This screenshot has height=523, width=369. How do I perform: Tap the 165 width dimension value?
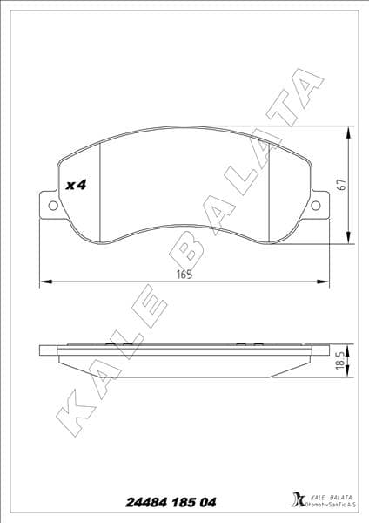pos(184,273)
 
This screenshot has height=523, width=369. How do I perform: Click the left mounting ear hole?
pos(52,207)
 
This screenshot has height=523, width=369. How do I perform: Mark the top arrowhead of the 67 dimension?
pos(350,131)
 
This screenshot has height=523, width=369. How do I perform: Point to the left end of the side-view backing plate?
pos(44,350)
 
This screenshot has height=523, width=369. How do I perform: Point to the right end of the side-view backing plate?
pos(327,350)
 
